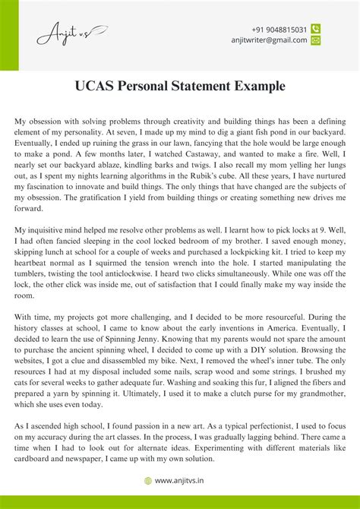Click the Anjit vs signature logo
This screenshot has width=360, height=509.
71,34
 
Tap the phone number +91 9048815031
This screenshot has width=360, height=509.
279,29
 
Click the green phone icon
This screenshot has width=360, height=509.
316,29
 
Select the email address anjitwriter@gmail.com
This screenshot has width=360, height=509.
269,40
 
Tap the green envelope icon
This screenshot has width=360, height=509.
316,40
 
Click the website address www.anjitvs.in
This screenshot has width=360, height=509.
185,480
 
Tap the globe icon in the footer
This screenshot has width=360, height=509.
148,480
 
